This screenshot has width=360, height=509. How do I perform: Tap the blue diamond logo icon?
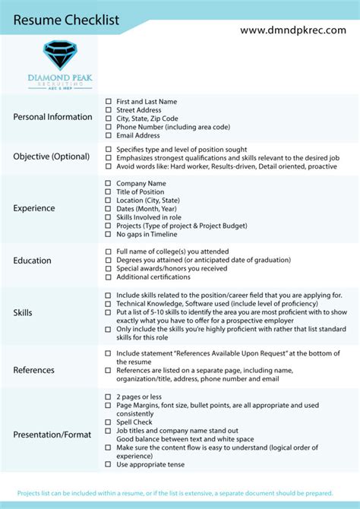[60, 55]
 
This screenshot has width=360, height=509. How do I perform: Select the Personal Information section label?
[52, 117]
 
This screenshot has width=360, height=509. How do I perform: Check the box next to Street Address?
[108, 110]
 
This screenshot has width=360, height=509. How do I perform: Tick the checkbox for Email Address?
[108, 135]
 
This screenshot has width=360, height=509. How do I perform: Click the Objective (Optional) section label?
[51, 156]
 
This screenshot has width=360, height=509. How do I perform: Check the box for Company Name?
[108, 183]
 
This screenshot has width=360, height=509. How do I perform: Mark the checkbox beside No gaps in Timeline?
[108, 234]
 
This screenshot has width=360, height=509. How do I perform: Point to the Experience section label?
[34, 208]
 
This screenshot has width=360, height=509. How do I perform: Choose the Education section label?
[32, 261]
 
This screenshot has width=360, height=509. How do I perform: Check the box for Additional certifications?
[108, 277]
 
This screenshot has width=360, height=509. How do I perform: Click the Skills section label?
[23, 313]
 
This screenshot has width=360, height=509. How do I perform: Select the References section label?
[34, 370]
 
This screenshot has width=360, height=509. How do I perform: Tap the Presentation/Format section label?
[52, 435]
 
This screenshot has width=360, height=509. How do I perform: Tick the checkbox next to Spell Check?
[108, 422]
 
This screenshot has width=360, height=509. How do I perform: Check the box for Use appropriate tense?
[108, 464]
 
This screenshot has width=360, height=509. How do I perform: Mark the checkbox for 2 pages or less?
[108, 397]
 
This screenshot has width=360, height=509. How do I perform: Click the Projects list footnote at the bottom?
[179, 492]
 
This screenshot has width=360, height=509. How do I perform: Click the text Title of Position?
[140, 191]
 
